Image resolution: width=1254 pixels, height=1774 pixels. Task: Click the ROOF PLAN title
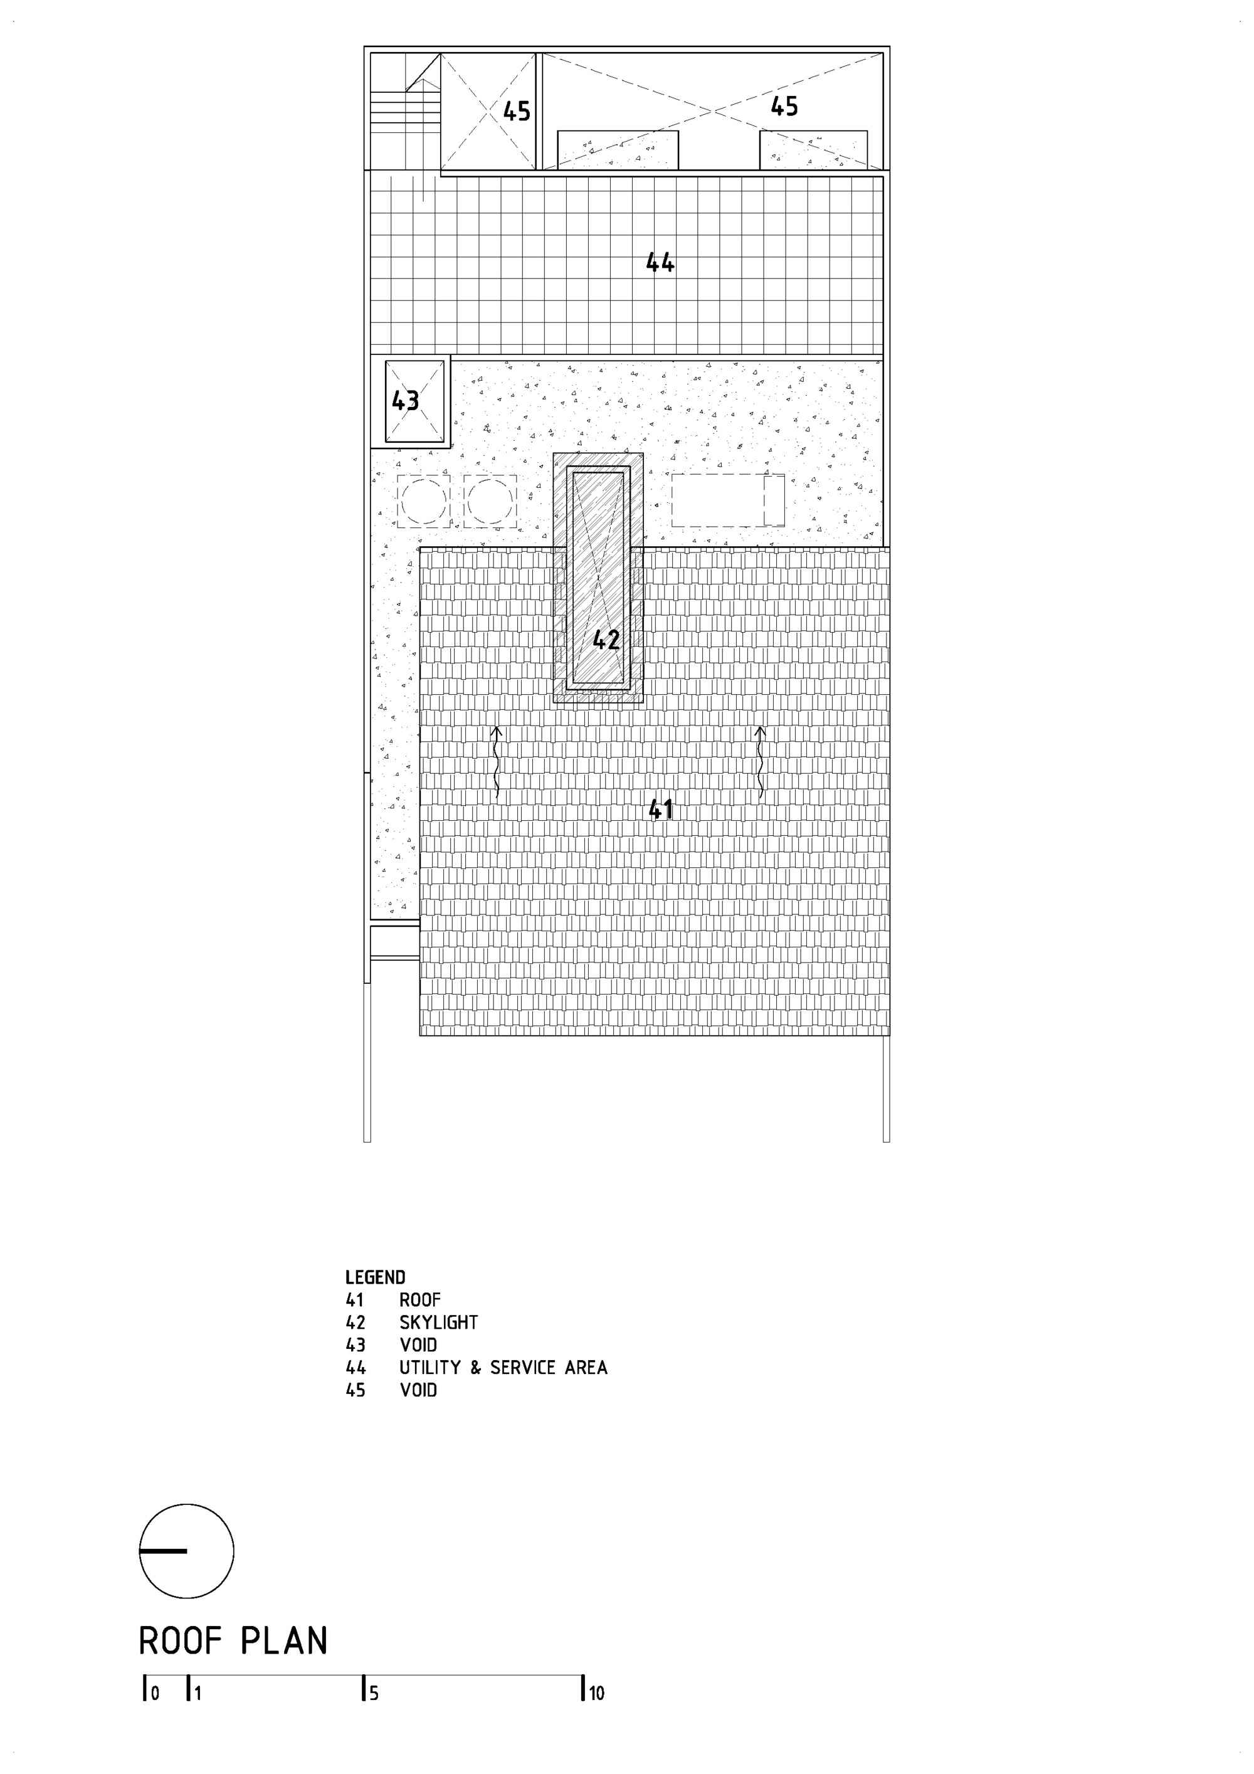(233, 1641)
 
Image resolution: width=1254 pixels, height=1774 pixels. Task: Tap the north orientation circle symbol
(186, 1551)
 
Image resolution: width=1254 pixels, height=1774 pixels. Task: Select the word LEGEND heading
(375, 1277)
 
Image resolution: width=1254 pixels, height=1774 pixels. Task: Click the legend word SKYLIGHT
(438, 1322)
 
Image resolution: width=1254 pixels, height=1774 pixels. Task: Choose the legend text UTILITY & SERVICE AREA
(503, 1368)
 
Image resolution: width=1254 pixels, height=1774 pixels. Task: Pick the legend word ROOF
(419, 1299)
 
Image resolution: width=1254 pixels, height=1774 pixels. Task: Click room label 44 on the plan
(660, 263)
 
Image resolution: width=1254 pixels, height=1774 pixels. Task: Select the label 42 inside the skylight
(606, 640)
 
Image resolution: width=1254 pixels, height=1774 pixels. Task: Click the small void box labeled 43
(415, 401)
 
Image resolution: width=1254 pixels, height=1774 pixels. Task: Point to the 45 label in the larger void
(784, 107)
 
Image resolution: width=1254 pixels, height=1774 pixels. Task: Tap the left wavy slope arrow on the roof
(497, 762)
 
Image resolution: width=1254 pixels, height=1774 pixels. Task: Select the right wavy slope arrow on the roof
(761, 762)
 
